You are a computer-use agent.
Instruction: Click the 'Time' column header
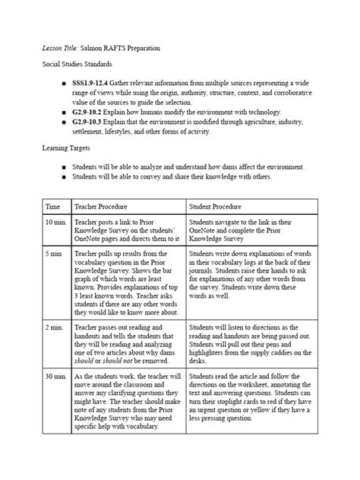point(53,206)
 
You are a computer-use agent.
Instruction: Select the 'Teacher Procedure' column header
point(100,206)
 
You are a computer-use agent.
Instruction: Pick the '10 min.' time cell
point(56,222)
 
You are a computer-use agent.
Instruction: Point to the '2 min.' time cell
point(55,325)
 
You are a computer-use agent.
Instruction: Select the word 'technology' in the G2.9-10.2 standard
point(256,112)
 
